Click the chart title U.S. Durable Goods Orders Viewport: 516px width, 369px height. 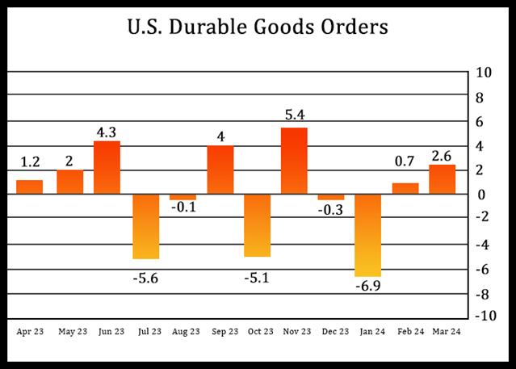258,27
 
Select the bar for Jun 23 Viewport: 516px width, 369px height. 107,168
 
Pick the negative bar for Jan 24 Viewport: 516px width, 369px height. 367,236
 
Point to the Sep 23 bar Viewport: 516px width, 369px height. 220,170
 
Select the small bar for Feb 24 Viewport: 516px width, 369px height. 405,189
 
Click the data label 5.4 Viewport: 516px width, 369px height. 294,115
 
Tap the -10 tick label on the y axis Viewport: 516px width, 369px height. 482,316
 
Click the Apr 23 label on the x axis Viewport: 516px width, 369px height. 29,330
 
